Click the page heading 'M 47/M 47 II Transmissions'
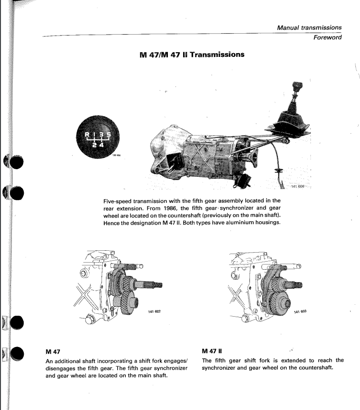coord(189,55)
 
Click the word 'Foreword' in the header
coord(327,38)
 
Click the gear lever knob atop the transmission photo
coord(287,89)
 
